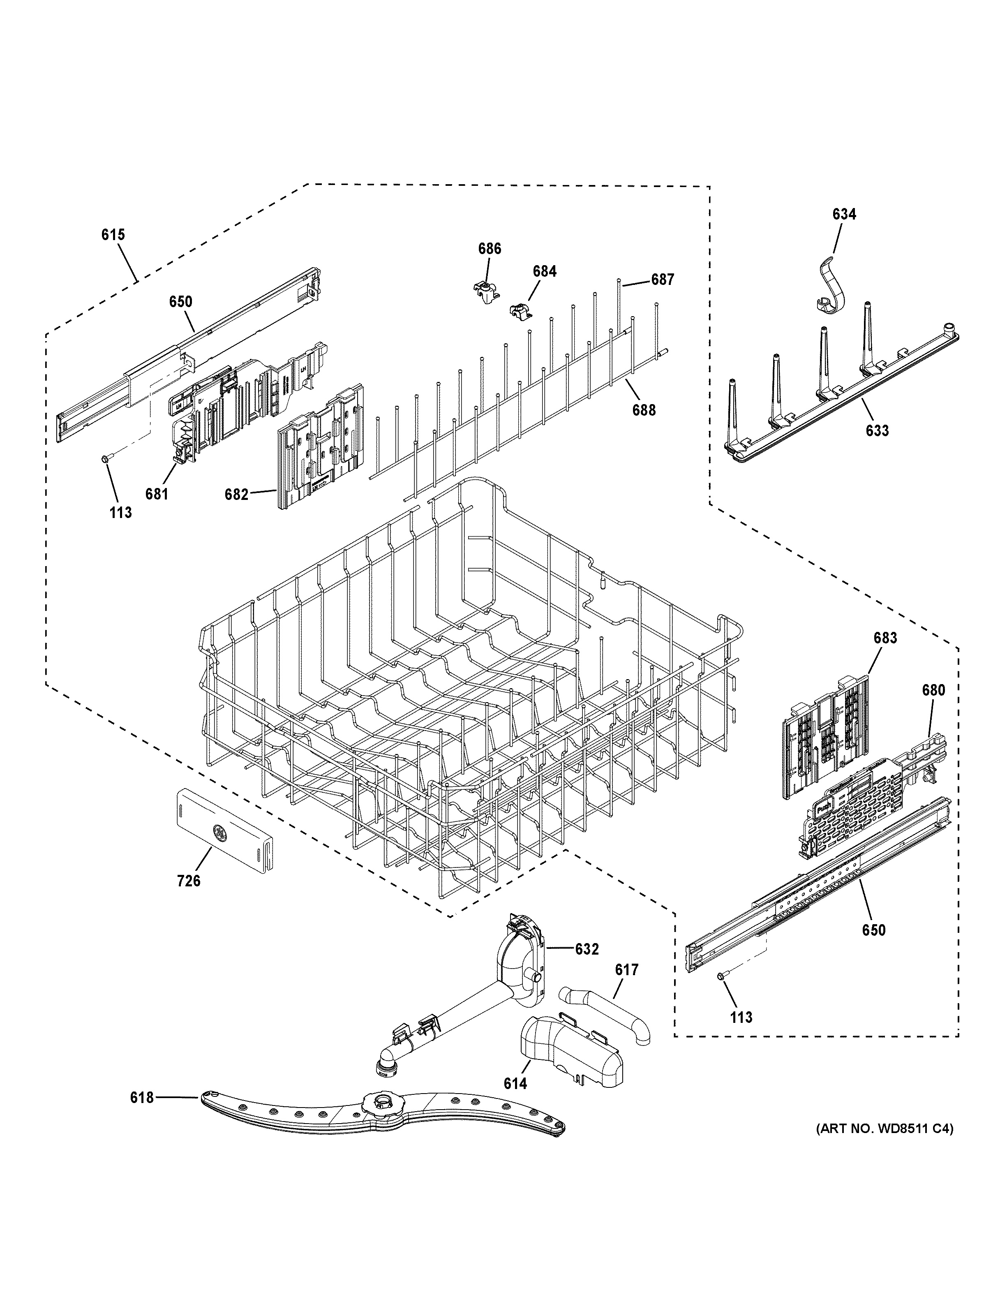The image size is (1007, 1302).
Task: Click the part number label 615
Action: pyautogui.click(x=113, y=235)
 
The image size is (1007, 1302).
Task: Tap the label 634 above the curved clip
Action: pyautogui.click(x=844, y=215)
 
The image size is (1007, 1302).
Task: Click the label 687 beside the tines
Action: pyautogui.click(x=662, y=279)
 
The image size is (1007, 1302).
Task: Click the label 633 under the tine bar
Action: pyautogui.click(x=877, y=430)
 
